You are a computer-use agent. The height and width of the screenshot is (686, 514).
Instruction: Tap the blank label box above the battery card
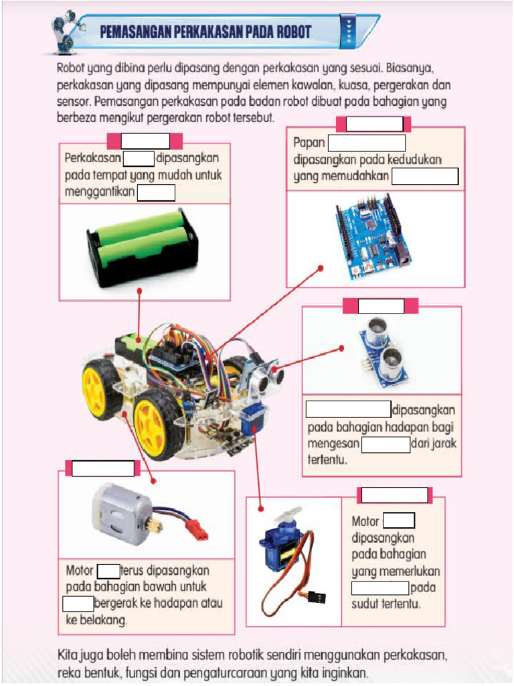145,141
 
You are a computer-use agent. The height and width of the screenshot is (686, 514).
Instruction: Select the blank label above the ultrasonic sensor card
381,306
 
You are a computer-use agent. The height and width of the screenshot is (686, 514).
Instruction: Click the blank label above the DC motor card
103,468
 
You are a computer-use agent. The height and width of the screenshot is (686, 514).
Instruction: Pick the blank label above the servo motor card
394,495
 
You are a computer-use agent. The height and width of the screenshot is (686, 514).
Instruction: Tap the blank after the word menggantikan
156,193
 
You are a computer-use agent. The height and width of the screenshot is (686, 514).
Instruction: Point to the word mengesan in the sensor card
333,444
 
